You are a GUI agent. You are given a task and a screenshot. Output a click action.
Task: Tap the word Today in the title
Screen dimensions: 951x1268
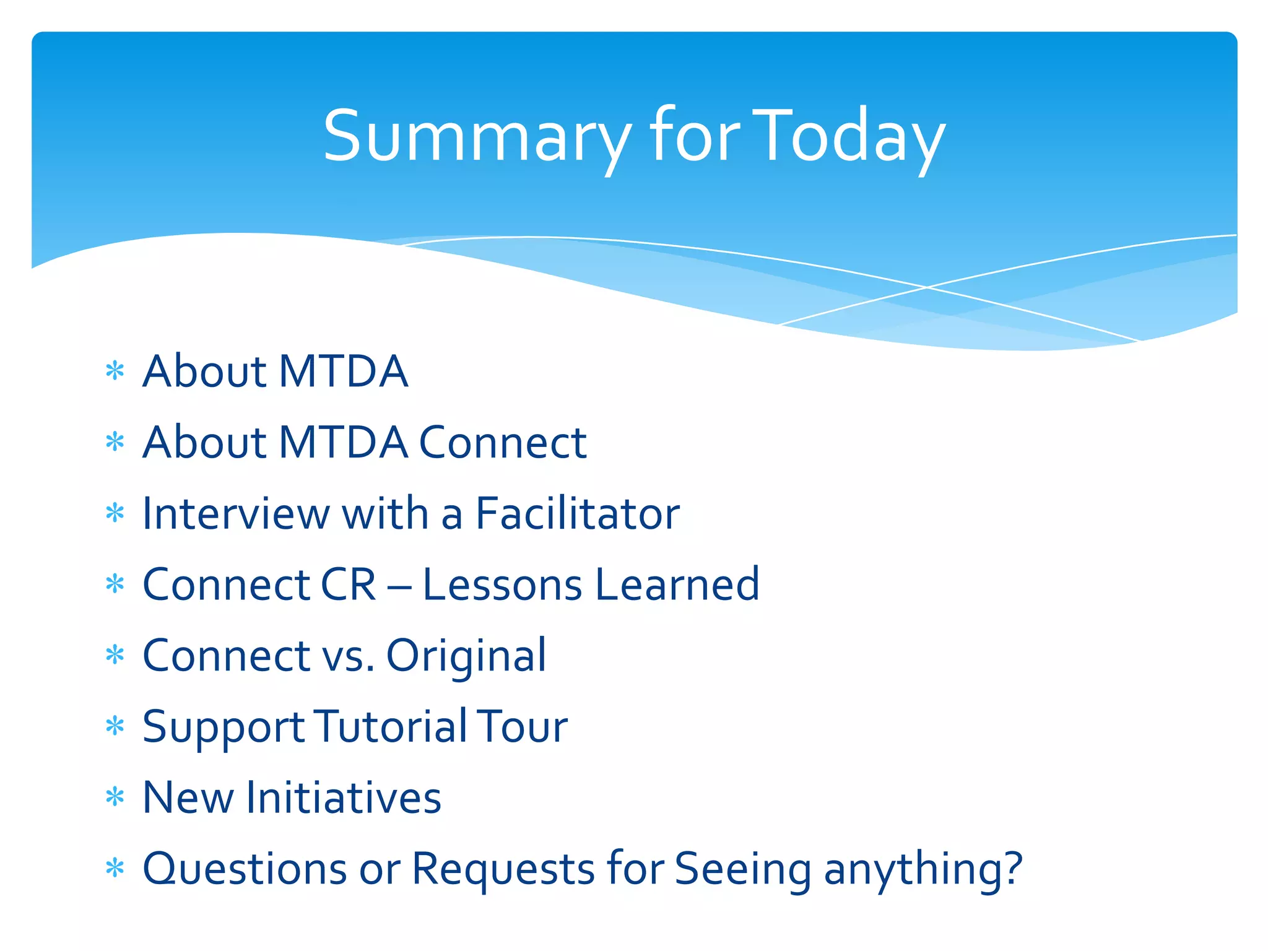(x=849, y=136)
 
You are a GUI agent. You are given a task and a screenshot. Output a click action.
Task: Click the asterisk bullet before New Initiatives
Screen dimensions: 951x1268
(x=115, y=797)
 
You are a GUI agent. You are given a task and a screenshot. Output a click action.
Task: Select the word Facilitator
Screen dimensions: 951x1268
(x=577, y=514)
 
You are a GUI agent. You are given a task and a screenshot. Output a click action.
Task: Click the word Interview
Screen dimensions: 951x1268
(x=236, y=514)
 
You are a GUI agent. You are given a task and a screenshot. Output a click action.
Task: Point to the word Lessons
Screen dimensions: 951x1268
(x=502, y=584)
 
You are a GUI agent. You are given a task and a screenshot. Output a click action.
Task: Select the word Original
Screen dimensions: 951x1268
(x=466, y=656)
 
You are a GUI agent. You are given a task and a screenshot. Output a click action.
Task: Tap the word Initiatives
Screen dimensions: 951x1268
(x=344, y=797)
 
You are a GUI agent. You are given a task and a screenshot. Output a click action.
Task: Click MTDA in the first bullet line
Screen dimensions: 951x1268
(x=343, y=372)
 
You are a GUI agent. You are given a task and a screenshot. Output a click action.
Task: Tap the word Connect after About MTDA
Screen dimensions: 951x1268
(x=502, y=443)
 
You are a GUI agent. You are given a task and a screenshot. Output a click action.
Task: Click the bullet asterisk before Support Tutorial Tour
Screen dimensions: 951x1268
(x=115, y=726)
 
